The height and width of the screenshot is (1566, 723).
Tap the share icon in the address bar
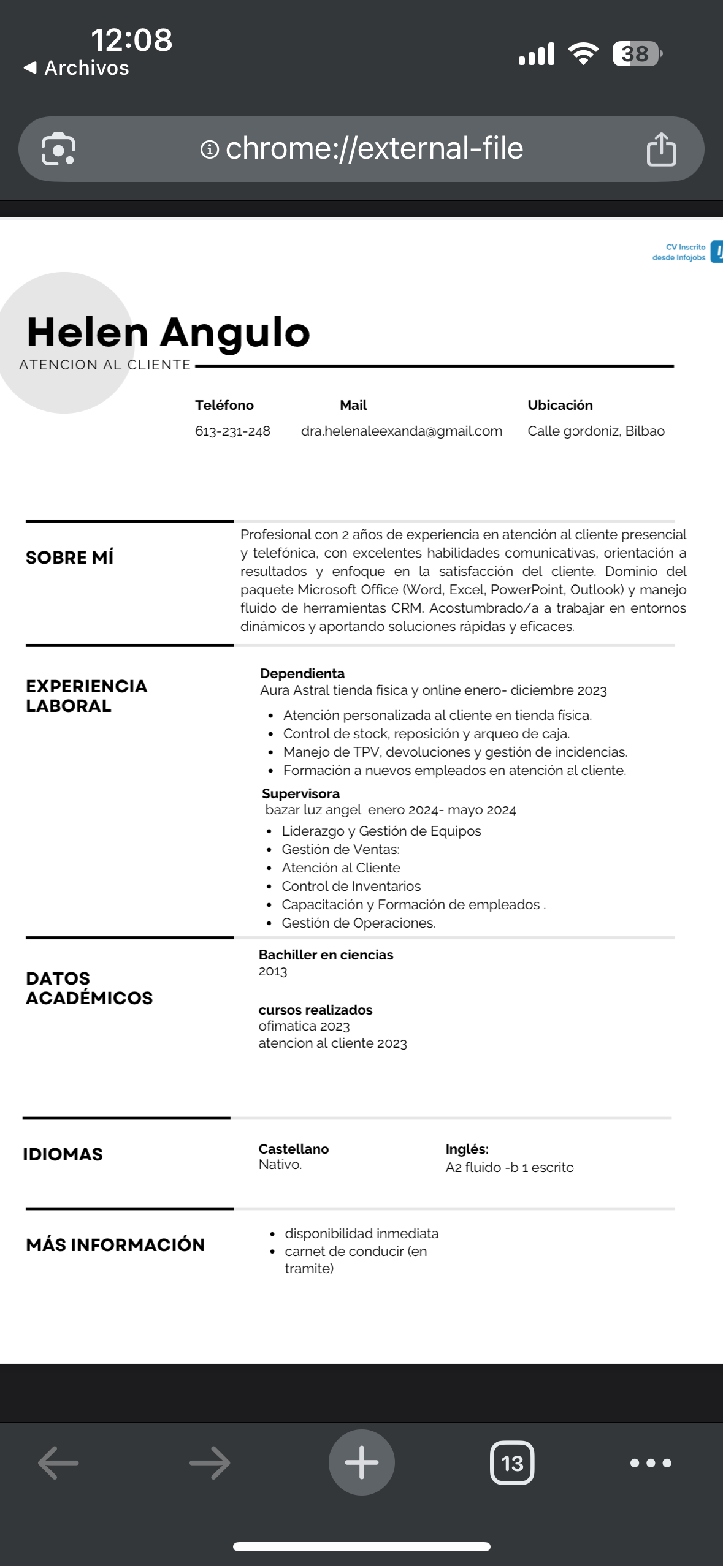pos(661,149)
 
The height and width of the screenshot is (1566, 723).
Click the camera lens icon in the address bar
pos(58,149)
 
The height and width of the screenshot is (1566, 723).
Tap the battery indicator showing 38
pos(637,54)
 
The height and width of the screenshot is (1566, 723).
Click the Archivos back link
pos(77,67)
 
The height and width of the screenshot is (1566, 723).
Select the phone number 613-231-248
pos(232,431)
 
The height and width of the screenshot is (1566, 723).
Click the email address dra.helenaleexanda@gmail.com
pos(401,431)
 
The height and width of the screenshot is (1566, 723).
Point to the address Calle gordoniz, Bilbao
pos(595,431)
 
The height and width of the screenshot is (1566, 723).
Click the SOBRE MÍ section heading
pos(70,558)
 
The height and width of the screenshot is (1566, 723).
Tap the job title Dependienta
pos(302,673)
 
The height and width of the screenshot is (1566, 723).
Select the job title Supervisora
pos(300,793)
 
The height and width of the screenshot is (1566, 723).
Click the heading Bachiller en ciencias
pos(326,955)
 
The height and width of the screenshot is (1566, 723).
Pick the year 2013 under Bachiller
pos(273,971)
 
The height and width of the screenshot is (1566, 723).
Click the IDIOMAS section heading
pos(63,1154)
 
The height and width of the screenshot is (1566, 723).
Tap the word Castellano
pos(294,1149)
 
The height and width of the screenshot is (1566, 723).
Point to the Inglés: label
pos(467,1149)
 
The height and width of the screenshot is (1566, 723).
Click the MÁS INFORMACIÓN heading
pos(115,1245)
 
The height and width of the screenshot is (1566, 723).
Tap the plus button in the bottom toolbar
pos(361,1462)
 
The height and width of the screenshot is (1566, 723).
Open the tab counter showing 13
pos(512,1463)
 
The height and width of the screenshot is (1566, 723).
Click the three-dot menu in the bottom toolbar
pos(650,1463)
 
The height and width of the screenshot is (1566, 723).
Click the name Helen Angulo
pos(169,332)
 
